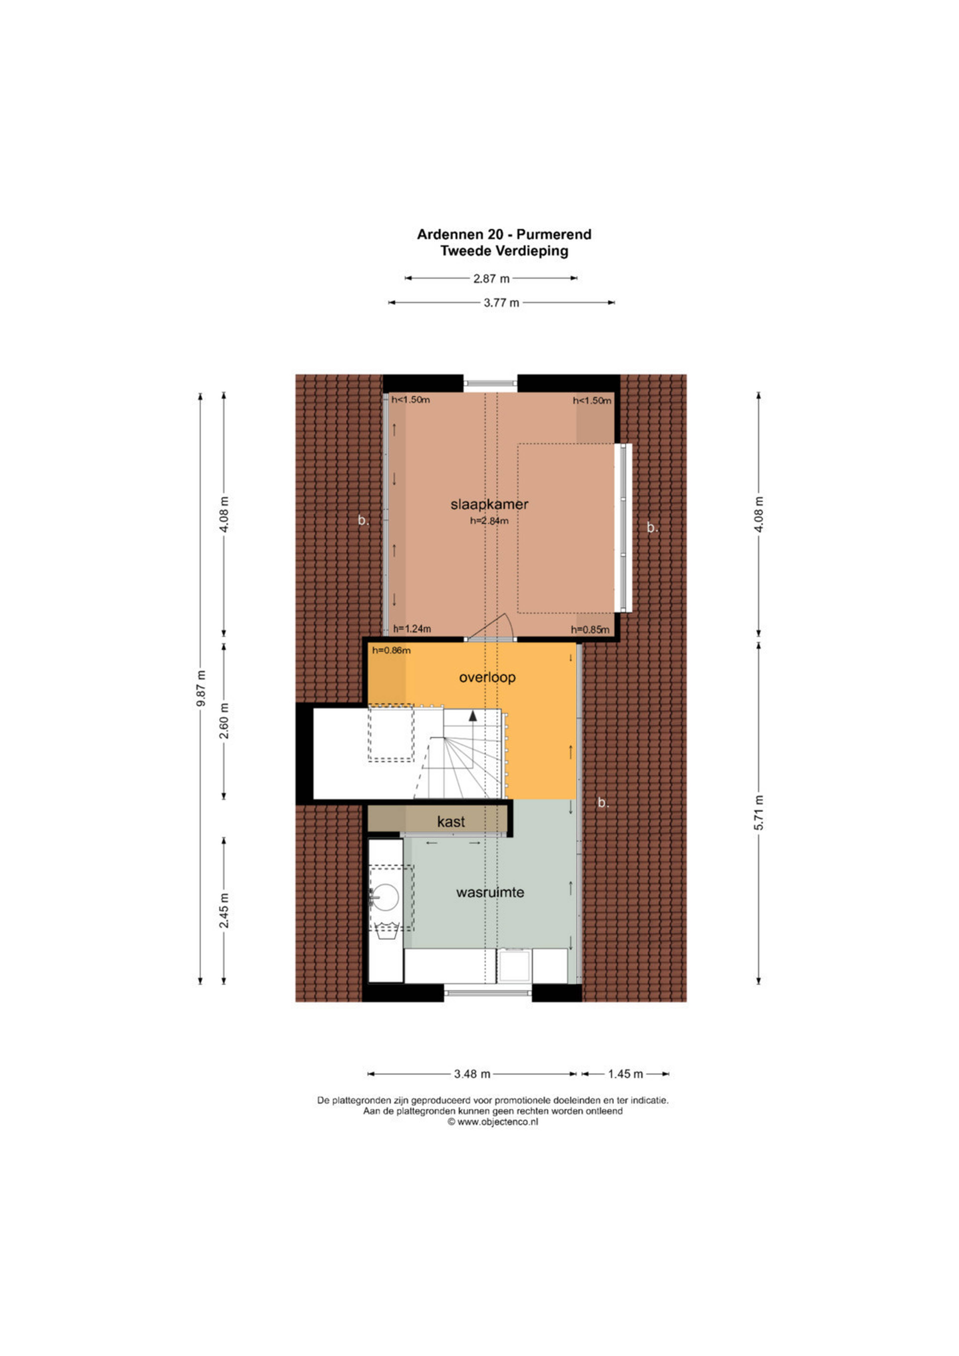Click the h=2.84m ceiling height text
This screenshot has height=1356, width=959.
pyautogui.click(x=489, y=521)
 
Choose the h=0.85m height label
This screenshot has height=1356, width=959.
pyautogui.click(x=590, y=630)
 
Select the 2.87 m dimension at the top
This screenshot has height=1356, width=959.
pyautogui.click(x=491, y=278)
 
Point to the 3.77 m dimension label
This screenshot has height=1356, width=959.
pyautogui.click(x=501, y=303)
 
